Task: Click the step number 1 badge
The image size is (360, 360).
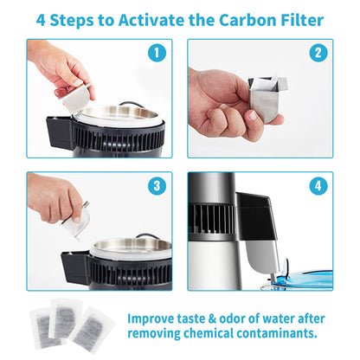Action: click(156, 54)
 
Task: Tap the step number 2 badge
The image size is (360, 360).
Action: click(318, 54)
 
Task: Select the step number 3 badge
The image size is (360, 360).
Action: click(156, 186)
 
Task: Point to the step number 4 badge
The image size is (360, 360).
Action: click(318, 186)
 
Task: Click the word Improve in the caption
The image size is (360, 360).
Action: click(156, 317)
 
